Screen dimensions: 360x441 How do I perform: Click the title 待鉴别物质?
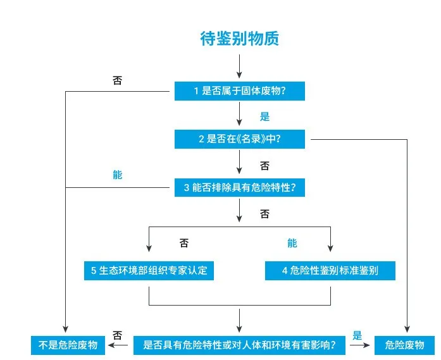point(239,39)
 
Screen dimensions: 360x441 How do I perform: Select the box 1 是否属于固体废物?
point(240,91)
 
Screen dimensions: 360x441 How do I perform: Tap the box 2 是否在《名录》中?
point(240,139)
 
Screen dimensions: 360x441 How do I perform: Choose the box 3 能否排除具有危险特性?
point(240,187)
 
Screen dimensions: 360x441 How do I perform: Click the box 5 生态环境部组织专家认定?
point(149,271)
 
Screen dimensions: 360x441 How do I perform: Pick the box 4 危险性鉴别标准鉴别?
point(330,271)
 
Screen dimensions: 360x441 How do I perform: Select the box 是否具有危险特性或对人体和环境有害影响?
point(240,345)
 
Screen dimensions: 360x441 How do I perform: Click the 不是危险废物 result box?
point(65,345)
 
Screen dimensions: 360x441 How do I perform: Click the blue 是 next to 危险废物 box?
point(357,336)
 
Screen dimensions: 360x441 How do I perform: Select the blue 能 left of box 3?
point(118,175)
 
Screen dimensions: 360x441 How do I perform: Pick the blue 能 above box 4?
point(292,243)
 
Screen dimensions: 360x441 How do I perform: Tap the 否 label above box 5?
point(184,243)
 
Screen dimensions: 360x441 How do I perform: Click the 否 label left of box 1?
point(118,80)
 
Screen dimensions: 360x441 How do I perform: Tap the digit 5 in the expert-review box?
point(94,271)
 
